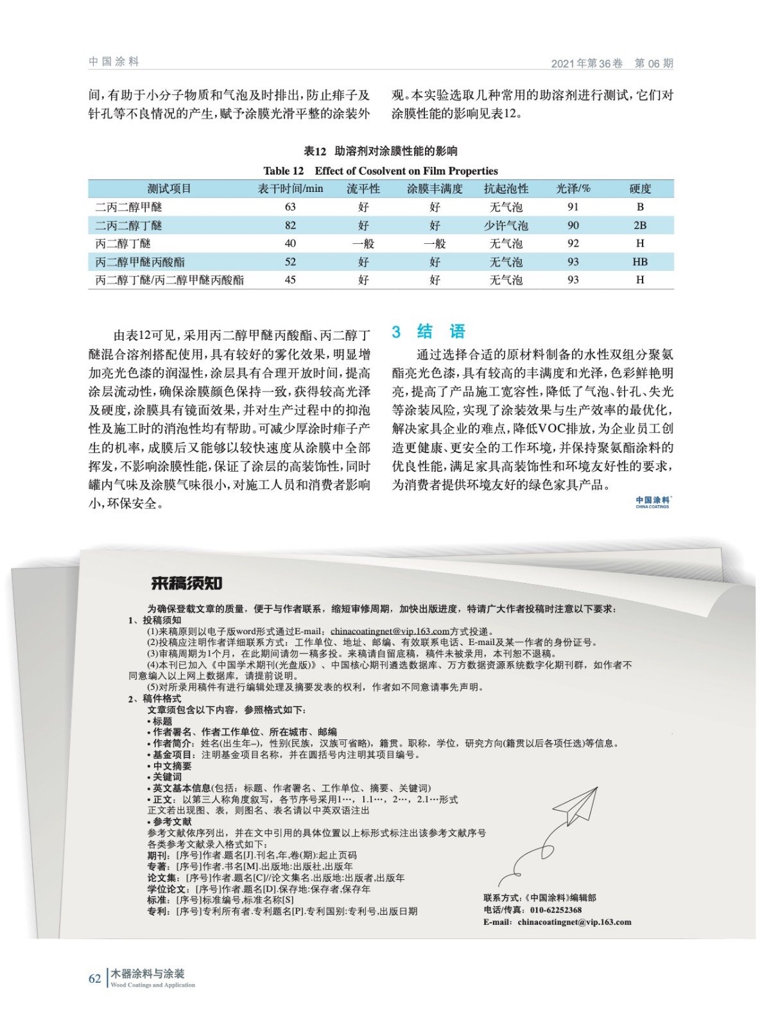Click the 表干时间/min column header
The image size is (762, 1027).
click(x=290, y=189)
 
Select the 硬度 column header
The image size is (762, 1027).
click(x=639, y=189)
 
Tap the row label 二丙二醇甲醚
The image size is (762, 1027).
click(x=128, y=207)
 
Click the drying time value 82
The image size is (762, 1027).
click(x=290, y=225)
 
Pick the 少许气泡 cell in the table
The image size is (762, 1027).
click(x=506, y=225)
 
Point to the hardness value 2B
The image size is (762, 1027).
click(x=639, y=225)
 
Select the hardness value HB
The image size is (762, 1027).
click(x=639, y=262)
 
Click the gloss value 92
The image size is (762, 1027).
click(x=573, y=243)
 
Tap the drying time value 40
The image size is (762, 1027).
click(x=290, y=243)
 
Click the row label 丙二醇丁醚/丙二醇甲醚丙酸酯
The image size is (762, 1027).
click(x=169, y=280)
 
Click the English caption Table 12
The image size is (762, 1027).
click(x=381, y=171)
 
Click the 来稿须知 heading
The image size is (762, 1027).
click(x=186, y=583)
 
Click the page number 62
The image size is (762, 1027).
click(x=94, y=978)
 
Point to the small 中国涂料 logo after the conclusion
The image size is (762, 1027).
click(x=652, y=501)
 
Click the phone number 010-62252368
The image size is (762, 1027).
click(x=556, y=910)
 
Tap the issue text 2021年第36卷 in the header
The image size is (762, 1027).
click(x=587, y=64)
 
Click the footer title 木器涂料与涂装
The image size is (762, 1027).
click(x=148, y=974)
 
